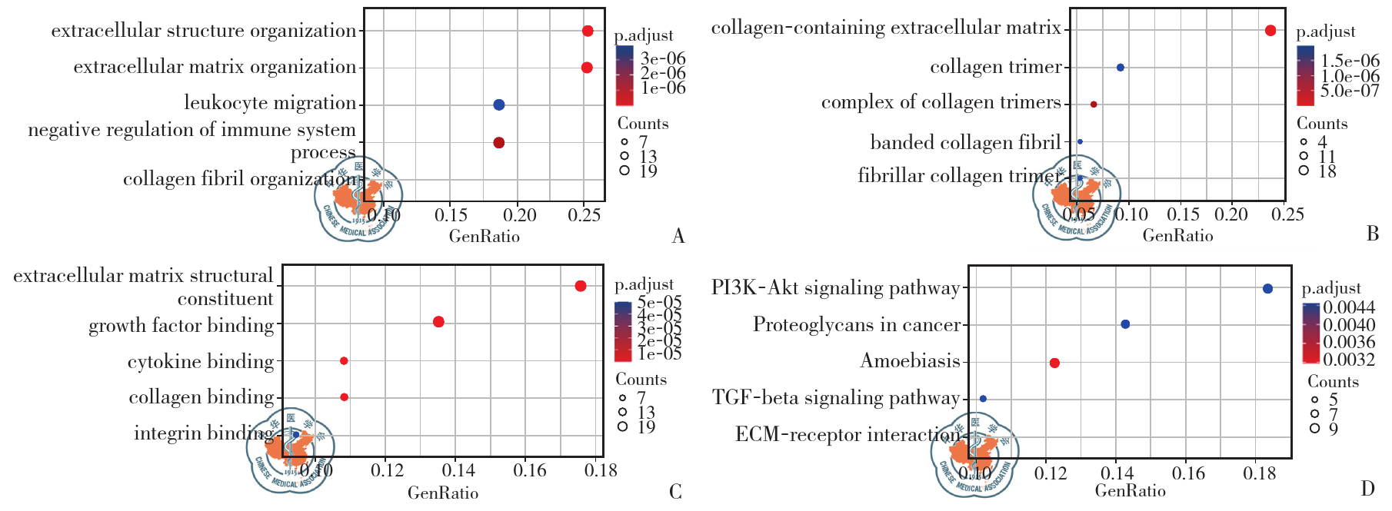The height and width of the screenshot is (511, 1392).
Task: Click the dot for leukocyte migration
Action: click(x=498, y=105)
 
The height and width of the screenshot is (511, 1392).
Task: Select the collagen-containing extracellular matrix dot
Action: click(x=1270, y=31)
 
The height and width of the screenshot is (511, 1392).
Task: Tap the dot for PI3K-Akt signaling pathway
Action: click(x=1267, y=289)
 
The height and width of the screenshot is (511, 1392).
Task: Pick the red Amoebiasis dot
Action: click(x=1054, y=363)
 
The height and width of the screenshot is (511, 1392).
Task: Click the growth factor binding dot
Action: click(x=438, y=322)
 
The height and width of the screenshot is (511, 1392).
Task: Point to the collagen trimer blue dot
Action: click(x=1121, y=68)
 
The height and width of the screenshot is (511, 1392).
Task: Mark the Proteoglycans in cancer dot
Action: click(x=1125, y=324)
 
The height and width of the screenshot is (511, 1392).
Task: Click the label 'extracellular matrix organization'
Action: click(x=215, y=67)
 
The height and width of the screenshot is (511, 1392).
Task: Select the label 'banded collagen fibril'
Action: click(x=965, y=142)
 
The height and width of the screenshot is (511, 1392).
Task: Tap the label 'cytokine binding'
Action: click(x=201, y=361)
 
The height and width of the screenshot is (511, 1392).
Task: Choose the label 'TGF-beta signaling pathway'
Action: click(x=836, y=397)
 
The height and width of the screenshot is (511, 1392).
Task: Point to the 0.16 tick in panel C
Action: click(x=530, y=470)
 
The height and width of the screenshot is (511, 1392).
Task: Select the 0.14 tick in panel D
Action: click(x=1117, y=473)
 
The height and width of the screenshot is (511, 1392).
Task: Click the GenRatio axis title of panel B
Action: click(x=1177, y=236)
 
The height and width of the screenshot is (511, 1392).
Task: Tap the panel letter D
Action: click(x=1367, y=489)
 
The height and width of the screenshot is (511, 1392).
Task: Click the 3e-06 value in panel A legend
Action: click(x=662, y=58)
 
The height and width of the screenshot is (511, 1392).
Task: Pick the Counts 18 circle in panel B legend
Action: click(x=1303, y=171)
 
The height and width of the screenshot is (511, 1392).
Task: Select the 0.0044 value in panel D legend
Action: click(x=1349, y=308)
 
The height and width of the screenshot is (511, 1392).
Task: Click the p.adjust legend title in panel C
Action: click(x=644, y=284)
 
